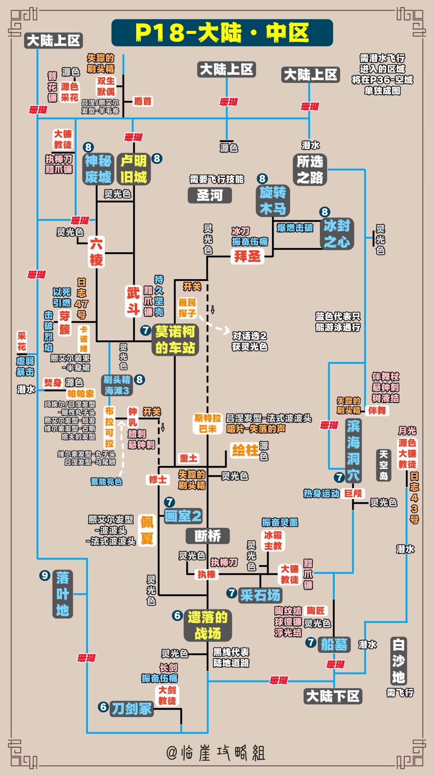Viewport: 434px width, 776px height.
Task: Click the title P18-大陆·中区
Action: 222,33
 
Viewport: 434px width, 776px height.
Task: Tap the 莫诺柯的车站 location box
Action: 175,340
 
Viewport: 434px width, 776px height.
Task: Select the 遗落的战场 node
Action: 208,625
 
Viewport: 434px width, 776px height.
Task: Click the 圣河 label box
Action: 209,196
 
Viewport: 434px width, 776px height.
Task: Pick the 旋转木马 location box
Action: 273,201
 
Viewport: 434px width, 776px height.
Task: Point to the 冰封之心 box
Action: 337,234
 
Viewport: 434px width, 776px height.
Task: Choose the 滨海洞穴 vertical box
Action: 353,450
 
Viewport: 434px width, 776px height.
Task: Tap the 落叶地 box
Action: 62,594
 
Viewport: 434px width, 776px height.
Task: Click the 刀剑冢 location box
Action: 131,709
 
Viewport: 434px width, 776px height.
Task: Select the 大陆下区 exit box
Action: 333,696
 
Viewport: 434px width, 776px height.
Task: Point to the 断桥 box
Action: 208,536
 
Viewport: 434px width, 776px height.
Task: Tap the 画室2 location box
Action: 183,516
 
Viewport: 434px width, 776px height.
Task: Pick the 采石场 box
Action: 260,595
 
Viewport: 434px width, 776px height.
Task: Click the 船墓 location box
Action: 334,644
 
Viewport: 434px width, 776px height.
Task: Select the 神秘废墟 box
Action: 98,169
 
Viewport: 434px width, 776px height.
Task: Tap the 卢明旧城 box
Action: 134,169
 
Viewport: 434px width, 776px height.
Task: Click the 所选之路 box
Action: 310,169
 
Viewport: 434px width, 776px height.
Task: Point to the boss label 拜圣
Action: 247,256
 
